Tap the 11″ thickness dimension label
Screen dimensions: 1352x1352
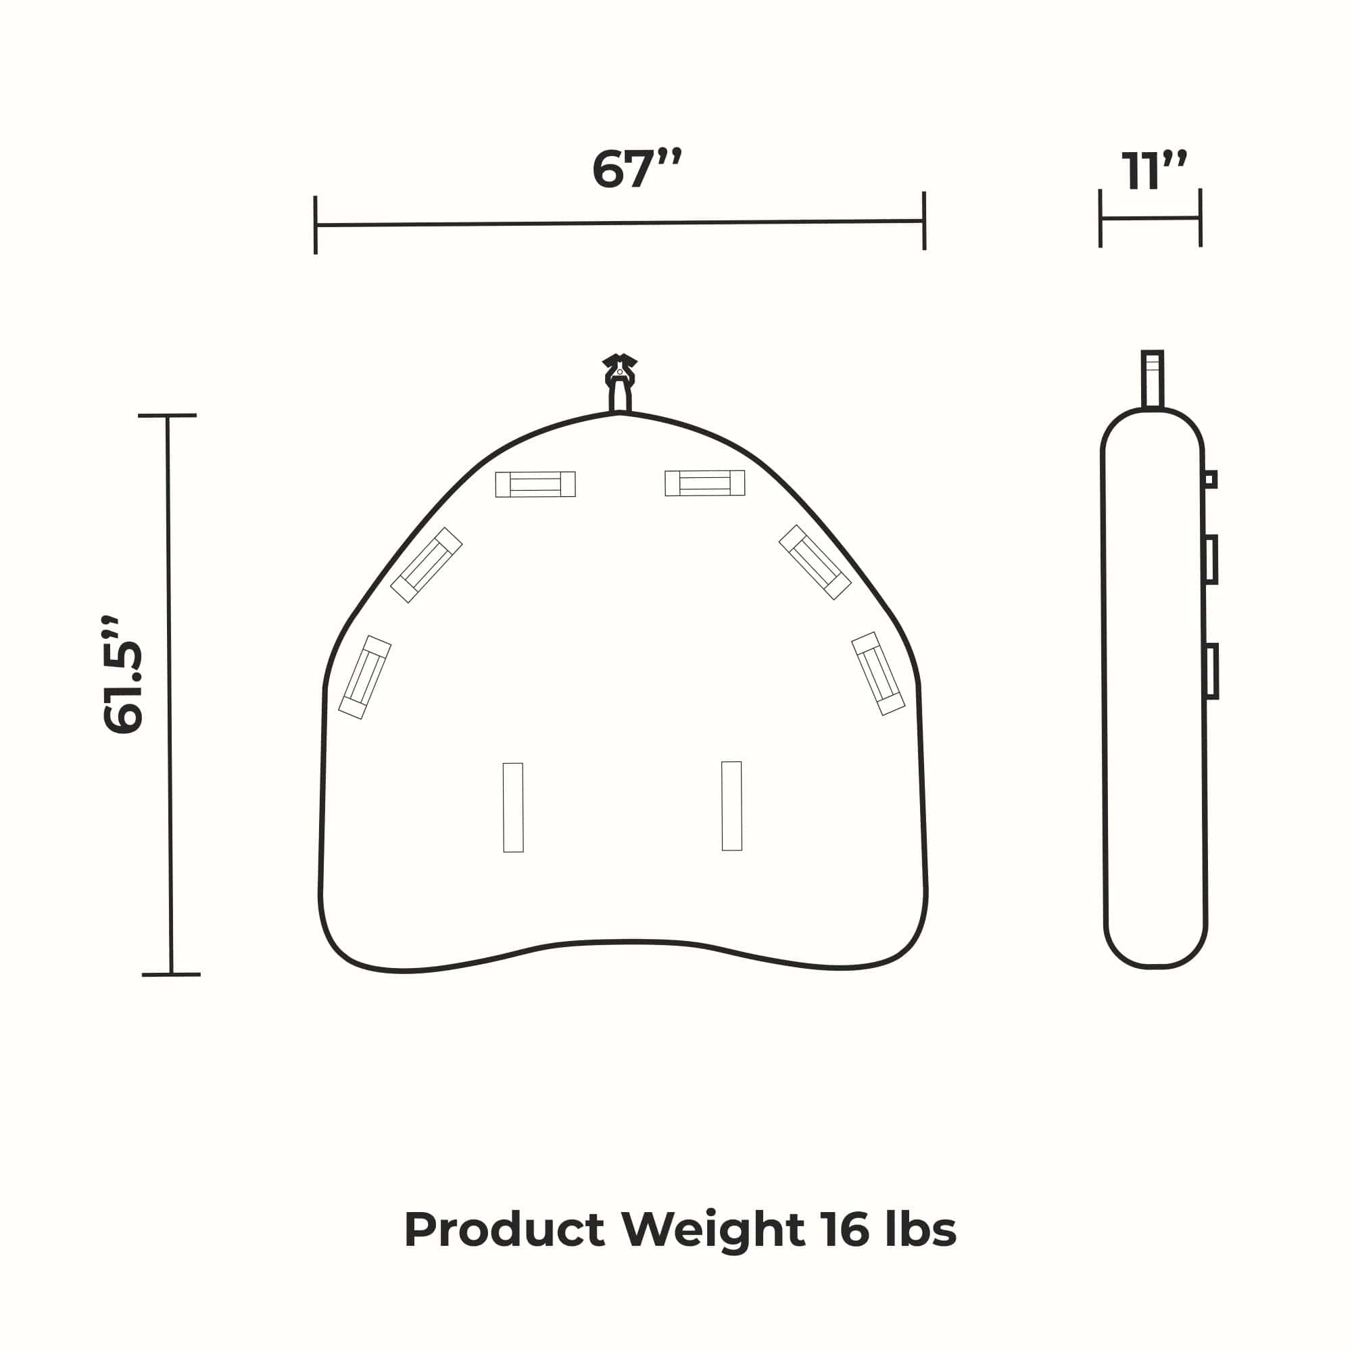[1155, 170]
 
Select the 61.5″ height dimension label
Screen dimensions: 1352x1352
[123, 675]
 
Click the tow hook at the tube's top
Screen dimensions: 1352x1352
[620, 382]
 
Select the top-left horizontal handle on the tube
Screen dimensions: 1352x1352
[535, 484]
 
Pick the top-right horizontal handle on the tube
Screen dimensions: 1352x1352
[704, 483]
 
